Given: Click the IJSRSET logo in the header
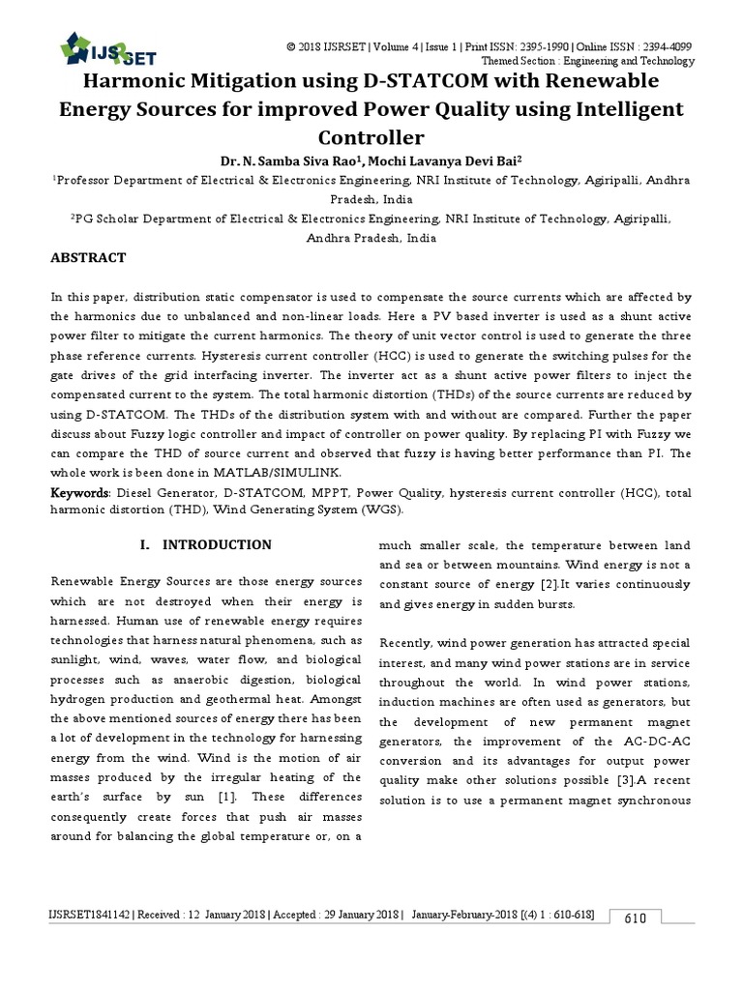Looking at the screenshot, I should coord(107,48).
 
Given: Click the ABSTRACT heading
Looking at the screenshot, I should coord(88,258).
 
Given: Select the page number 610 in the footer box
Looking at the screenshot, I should coord(635,917).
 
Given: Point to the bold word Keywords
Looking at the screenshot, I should coord(80,493).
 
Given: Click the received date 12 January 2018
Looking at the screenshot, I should coord(224,915).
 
